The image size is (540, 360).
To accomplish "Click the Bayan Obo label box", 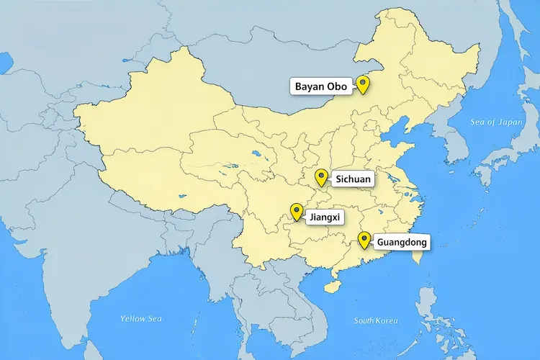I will [x=321, y=86].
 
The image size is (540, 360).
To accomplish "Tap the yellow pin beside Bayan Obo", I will [x=363, y=85].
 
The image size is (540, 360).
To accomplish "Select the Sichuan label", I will [x=353, y=178].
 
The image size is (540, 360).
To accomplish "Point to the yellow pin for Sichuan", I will [x=322, y=177].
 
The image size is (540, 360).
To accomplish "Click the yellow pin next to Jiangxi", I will [x=296, y=212].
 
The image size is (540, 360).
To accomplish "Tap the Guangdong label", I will [x=402, y=242].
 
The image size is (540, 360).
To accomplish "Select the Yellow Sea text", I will [x=143, y=318].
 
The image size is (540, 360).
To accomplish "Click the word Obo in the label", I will [x=338, y=86].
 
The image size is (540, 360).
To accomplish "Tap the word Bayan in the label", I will [x=311, y=86].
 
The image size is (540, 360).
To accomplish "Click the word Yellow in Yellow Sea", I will [x=133, y=318].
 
